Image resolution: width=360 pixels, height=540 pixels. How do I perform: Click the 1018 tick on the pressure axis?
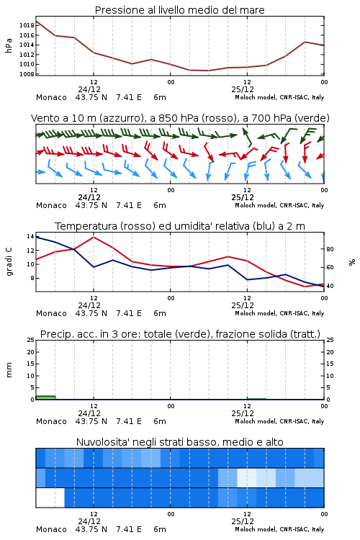(x=27, y=25)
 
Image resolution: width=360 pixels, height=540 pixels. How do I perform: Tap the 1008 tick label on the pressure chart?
(x=27, y=74)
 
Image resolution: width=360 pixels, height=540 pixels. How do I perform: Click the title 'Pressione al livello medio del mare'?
(x=180, y=10)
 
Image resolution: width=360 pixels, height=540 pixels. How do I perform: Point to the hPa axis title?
(x=9, y=45)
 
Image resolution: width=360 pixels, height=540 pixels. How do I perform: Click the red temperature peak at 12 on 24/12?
(x=94, y=237)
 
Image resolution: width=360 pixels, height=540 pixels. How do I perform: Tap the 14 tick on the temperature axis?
(x=30, y=236)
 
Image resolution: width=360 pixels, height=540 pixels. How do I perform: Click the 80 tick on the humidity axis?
(x=330, y=249)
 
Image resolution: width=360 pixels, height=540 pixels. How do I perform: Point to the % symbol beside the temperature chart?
(x=352, y=262)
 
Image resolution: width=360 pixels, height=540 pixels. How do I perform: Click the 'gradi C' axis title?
(x=9, y=261)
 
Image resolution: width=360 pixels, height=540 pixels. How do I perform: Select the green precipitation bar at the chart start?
(x=45, y=397)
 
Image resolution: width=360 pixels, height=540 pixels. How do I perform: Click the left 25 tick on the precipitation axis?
(x=31, y=340)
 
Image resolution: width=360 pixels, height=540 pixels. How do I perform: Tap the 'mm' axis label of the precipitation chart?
(x=9, y=370)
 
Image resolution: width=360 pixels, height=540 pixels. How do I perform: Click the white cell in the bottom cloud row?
(x=50, y=498)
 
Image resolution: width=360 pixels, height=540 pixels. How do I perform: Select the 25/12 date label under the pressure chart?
(x=243, y=89)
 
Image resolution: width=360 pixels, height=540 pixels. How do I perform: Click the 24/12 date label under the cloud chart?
(x=89, y=521)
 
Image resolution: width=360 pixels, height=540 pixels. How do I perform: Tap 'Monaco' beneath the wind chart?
(x=51, y=205)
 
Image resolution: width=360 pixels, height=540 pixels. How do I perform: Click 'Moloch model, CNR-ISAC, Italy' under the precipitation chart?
(x=279, y=421)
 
